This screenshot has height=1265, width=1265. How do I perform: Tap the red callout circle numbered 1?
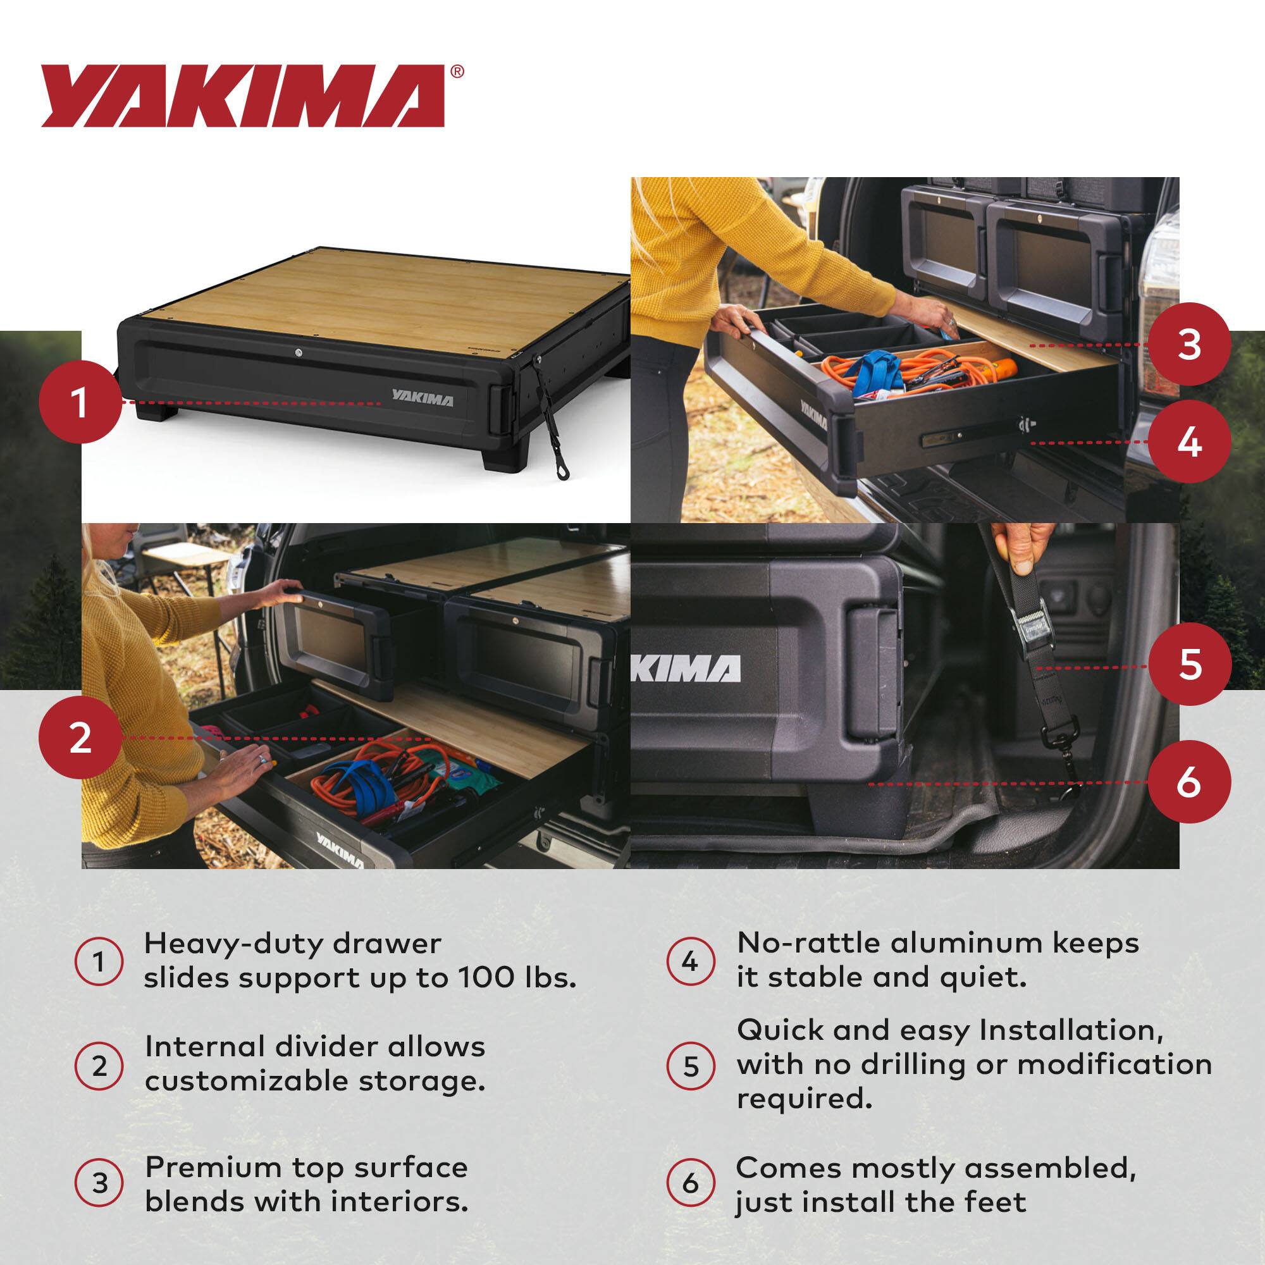[80, 403]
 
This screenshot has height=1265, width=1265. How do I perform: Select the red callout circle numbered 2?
[80, 738]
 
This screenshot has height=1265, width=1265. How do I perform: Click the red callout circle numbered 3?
[1189, 345]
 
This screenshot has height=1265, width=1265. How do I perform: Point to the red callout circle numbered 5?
[1189, 665]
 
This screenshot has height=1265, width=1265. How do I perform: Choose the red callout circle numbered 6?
[1189, 782]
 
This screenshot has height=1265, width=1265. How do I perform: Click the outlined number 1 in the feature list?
[99, 963]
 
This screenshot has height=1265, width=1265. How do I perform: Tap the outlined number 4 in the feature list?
[690, 963]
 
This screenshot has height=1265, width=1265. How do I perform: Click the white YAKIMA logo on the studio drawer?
[422, 398]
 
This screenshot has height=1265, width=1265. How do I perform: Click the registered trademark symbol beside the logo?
[458, 71]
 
